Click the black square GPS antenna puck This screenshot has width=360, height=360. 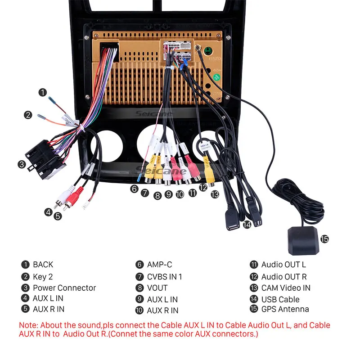(x=302, y=238)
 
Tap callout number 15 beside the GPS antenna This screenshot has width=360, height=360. (x=324, y=239)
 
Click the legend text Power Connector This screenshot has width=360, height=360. (x=64, y=288)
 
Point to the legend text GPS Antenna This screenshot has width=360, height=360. (x=285, y=309)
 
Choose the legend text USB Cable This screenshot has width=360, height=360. (x=280, y=299)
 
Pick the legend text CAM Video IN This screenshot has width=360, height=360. (x=286, y=288)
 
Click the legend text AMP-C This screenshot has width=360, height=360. (x=159, y=265)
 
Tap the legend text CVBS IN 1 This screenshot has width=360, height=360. (x=164, y=277)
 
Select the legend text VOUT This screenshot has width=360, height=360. (x=157, y=288)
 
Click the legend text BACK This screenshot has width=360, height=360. (x=43, y=265)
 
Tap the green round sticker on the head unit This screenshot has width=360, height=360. (x=217, y=76)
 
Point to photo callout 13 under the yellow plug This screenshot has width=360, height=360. (x=215, y=194)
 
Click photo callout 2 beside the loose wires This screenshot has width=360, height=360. (x=28, y=115)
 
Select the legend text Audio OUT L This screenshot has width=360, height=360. (x=283, y=265)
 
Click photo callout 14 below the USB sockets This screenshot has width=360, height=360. (x=247, y=224)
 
